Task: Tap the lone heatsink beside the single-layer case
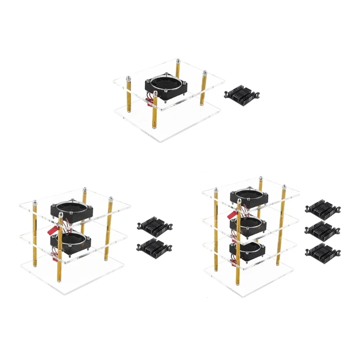[243, 94]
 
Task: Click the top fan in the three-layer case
[248, 196]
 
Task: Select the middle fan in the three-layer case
[247, 225]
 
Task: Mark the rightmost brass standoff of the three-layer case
[283, 225]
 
